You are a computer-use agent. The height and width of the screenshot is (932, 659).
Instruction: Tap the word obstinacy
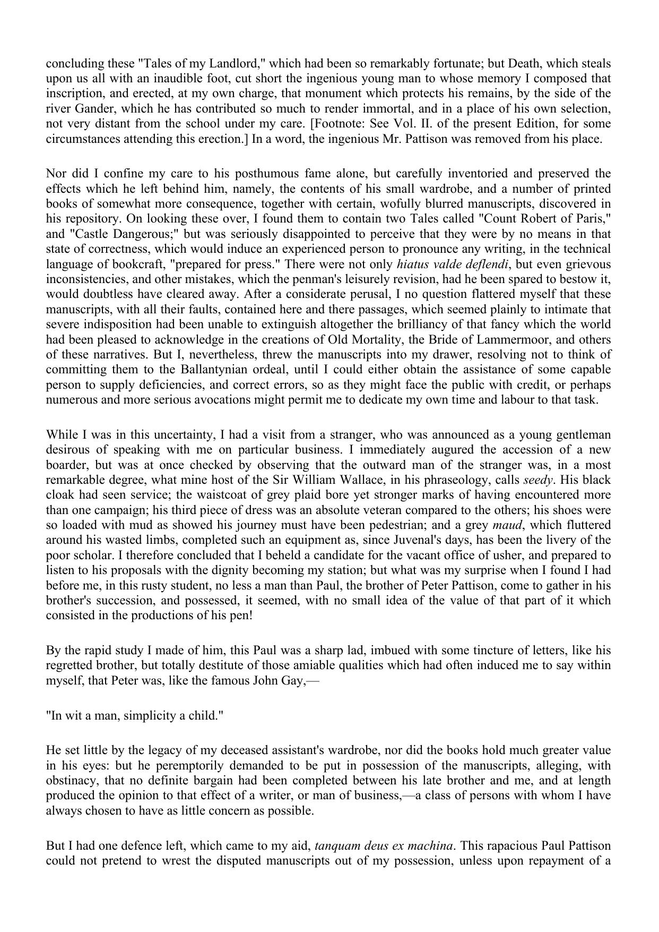pyautogui.click(x=72, y=781)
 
